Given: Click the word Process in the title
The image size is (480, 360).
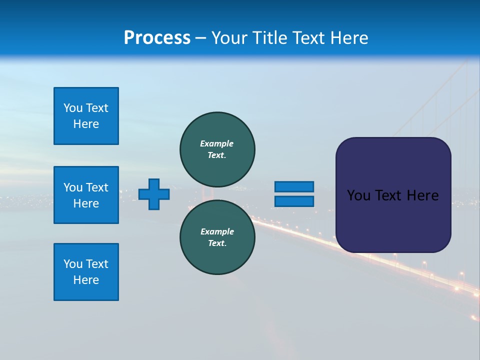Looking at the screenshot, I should [157, 38].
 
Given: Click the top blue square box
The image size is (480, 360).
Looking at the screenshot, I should [86, 116].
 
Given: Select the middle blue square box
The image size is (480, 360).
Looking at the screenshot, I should [86, 195].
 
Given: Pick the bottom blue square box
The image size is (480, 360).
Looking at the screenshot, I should [86, 272].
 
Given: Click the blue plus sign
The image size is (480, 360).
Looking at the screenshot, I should [154, 194].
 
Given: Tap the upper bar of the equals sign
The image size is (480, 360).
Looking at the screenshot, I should [294, 186].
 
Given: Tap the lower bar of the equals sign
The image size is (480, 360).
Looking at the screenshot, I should [294, 201].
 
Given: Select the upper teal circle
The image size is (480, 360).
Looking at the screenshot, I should [217, 149].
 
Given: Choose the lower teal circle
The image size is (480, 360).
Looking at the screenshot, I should [217, 237].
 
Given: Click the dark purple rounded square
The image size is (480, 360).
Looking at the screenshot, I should [393, 195].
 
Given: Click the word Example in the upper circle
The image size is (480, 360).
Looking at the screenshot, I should [216, 143].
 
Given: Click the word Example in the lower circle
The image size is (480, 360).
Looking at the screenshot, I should [217, 231].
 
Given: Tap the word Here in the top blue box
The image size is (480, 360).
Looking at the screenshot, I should [86, 124].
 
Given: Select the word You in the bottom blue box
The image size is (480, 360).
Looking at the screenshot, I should [72, 264].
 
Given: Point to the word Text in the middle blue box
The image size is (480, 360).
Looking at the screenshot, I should [97, 187].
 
